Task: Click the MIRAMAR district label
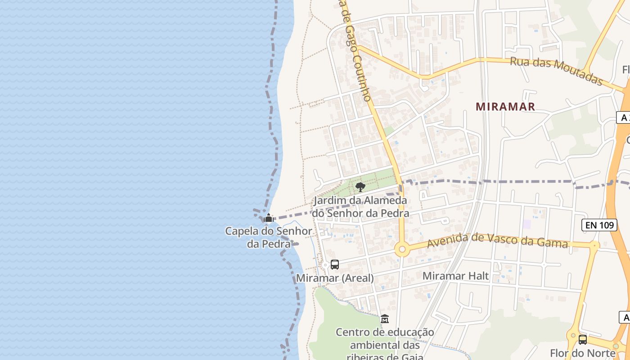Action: [x=505, y=107]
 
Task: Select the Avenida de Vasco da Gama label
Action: [x=497, y=240]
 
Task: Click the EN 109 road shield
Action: [x=599, y=225]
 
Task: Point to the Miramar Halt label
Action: [x=455, y=276]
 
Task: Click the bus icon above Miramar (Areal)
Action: [x=334, y=265]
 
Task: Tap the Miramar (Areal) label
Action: [x=334, y=278]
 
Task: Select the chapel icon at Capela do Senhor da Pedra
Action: [x=269, y=219]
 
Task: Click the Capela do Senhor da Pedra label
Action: [x=269, y=237]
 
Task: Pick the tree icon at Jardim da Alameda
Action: [x=360, y=187]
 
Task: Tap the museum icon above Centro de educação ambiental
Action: [x=385, y=319]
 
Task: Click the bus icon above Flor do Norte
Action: [x=583, y=340]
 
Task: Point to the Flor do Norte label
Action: [x=583, y=353]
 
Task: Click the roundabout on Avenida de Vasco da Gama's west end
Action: [x=402, y=249]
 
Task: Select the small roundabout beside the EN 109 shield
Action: [x=595, y=245]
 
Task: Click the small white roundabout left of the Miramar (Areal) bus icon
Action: [x=325, y=265]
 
